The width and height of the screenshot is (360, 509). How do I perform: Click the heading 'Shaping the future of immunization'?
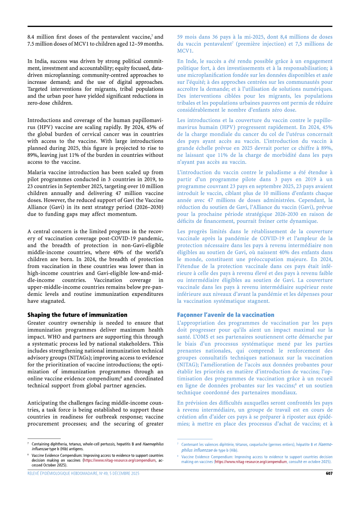77,314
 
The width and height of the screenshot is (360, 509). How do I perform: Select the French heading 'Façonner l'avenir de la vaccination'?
226,314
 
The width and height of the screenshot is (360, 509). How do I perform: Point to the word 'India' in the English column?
43,61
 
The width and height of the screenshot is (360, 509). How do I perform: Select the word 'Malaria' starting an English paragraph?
37,172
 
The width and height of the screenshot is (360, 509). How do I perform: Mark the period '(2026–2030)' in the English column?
148,207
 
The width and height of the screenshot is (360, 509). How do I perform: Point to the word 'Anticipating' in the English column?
44,402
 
